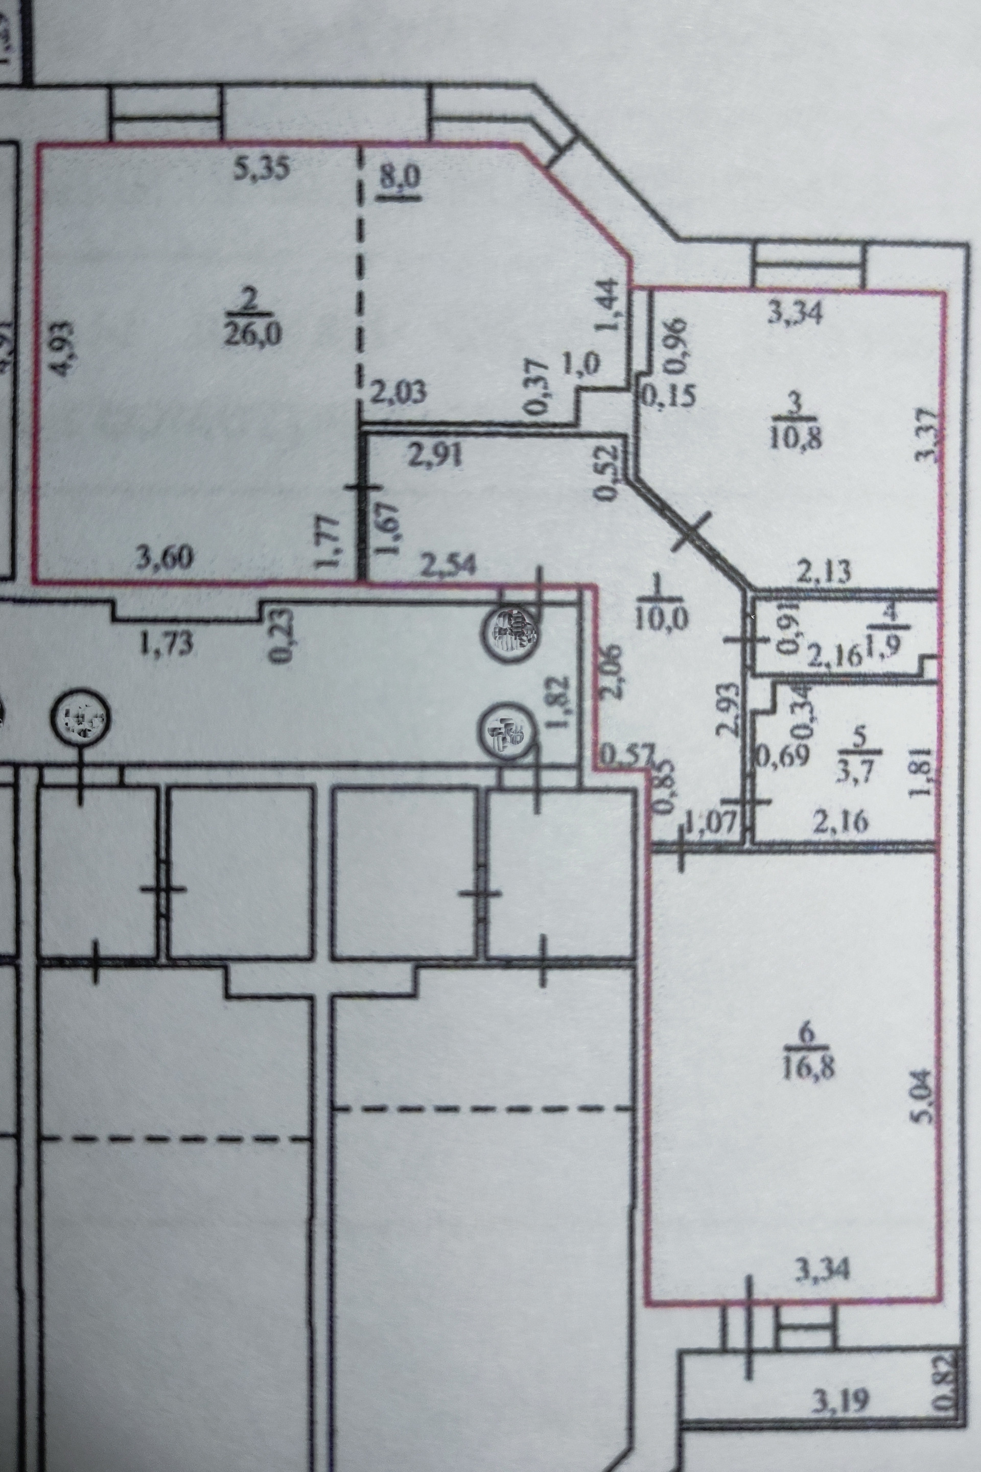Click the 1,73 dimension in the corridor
click(x=165, y=644)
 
